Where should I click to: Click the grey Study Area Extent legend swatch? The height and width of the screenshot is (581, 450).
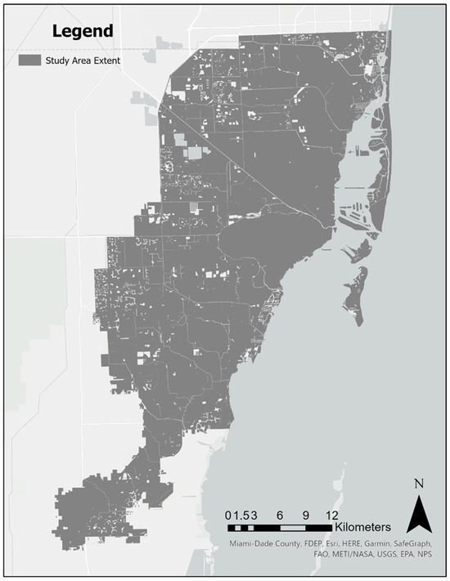29,60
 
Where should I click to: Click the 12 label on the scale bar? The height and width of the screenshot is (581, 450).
331,515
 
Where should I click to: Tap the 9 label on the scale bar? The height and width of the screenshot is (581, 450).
306,515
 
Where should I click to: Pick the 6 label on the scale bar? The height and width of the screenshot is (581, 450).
280,515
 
